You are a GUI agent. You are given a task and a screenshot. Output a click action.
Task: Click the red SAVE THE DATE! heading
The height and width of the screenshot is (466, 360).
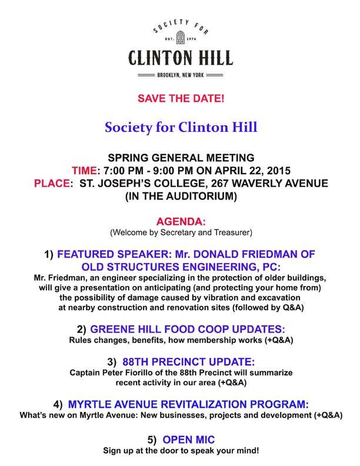181,98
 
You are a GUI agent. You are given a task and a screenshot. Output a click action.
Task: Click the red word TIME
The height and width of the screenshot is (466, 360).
85,171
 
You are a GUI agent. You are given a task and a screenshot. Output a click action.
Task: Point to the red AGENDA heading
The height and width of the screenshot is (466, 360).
181,221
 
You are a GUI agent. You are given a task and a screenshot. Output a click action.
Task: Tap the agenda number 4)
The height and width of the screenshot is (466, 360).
58,404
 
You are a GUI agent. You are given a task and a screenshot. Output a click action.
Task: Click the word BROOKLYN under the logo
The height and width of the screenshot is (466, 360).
170,75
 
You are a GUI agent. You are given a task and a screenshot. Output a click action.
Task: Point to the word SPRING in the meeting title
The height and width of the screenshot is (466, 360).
126,158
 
